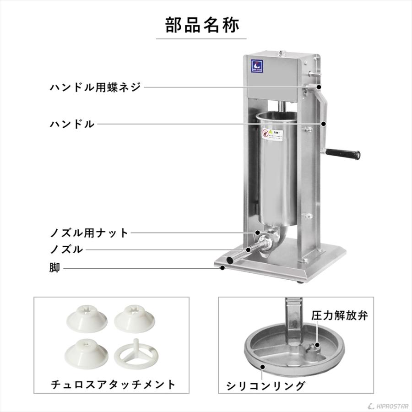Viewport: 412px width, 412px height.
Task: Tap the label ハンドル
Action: (x=72, y=124)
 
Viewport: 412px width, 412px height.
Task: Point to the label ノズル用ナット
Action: (x=89, y=233)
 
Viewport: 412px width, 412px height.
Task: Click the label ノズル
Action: (x=66, y=249)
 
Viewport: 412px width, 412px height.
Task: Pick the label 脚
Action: (x=54, y=268)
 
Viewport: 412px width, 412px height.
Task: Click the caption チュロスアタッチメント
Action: (x=113, y=385)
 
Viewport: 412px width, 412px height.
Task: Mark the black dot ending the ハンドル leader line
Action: (x=324, y=124)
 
